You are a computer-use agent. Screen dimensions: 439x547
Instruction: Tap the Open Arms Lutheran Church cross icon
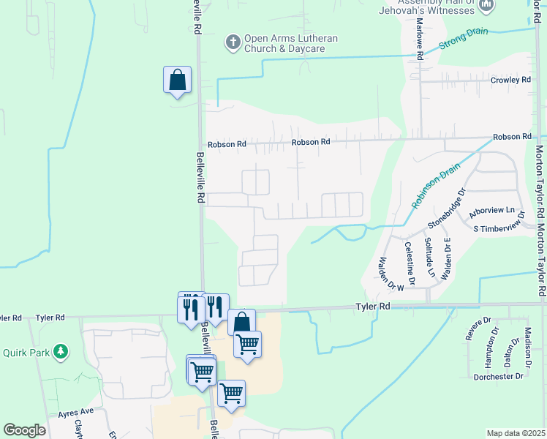(x=233, y=42)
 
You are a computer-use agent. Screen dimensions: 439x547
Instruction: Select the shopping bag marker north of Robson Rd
(x=177, y=80)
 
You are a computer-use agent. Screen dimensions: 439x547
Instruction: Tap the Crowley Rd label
(x=510, y=80)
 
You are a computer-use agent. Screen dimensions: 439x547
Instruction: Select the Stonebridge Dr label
(x=447, y=208)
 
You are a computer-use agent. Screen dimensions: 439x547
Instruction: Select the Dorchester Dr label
(x=499, y=376)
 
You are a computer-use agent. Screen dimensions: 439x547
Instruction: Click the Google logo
(x=24, y=430)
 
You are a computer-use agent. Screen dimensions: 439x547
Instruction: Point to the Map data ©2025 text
(x=515, y=433)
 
